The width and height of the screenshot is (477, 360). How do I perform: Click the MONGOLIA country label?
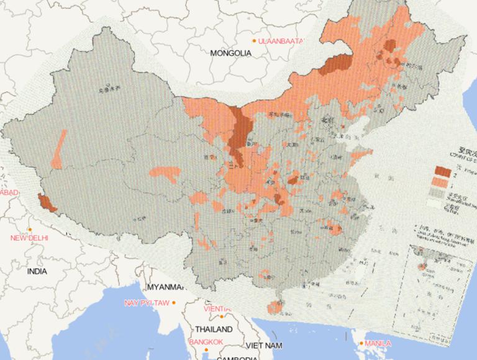(230, 53)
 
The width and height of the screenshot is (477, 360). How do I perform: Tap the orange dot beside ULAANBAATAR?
(253, 41)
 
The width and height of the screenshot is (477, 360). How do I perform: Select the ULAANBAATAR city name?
(281, 41)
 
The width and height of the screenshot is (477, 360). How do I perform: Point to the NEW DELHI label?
(30, 238)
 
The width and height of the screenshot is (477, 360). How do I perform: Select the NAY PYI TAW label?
(147, 303)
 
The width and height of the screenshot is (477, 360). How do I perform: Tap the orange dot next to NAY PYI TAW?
(174, 303)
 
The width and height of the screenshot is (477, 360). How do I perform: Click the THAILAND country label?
(214, 329)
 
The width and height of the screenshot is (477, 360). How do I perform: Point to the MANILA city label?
(378, 343)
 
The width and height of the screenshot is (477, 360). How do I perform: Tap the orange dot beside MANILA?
(360, 343)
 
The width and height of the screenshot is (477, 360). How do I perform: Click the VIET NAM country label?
(265, 344)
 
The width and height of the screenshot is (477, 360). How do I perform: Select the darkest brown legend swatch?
(442, 171)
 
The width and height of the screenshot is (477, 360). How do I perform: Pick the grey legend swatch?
(442, 193)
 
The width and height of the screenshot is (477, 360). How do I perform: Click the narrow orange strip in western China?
(58, 150)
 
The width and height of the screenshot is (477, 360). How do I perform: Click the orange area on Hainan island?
(274, 306)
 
